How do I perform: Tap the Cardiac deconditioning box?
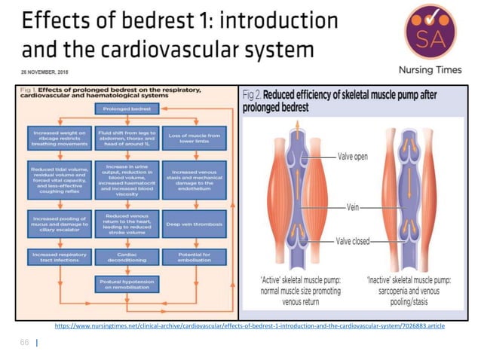pyautogui.click(x=126, y=258)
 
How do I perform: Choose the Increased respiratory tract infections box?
pyautogui.click(x=60, y=258)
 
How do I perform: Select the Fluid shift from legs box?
pyautogui.click(x=126, y=138)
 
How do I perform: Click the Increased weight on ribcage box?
pyautogui.click(x=60, y=138)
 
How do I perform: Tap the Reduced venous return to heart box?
pyautogui.click(x=126, y=223)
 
